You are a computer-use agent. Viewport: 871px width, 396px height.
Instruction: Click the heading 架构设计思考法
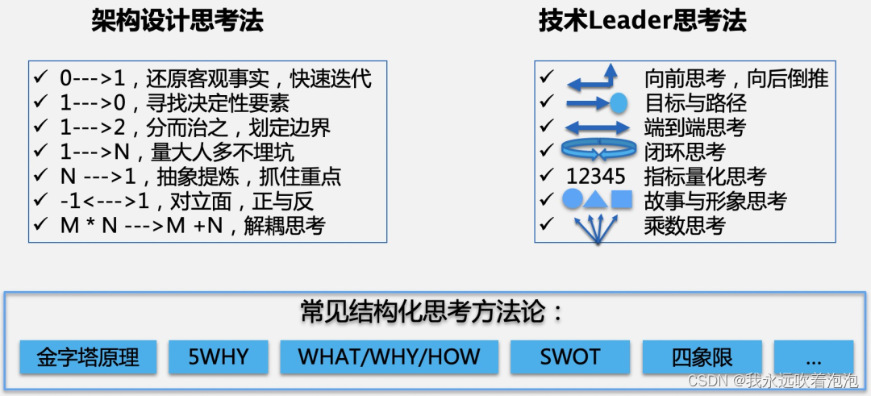tap(177, 22)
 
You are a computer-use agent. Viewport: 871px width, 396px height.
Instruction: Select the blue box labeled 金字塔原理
tap(88, 357)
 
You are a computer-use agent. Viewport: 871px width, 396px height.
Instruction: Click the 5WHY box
tap(219, 357)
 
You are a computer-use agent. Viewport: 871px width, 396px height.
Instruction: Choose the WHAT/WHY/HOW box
tap(389, 357)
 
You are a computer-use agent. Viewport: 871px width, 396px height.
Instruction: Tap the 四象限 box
tap(704, 357)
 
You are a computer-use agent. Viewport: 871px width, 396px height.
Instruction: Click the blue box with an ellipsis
tap(813, 357)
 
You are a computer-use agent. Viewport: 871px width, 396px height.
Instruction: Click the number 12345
tap(596, 177)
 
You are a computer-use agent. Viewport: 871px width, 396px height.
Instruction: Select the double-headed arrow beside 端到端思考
tap(597, 127)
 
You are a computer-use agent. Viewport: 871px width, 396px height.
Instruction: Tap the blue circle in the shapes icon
tap(572, 201)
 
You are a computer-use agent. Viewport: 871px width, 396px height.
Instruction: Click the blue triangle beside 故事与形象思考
tap(596, 201)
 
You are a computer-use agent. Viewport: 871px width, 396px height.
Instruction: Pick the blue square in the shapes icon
tap(621, 201)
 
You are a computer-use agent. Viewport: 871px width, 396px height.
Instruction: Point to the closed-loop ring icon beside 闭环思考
tap(596, 151)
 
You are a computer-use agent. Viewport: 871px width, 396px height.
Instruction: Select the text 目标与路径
tap(695, 103)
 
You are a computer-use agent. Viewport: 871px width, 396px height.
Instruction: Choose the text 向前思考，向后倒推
tap(736, 78)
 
